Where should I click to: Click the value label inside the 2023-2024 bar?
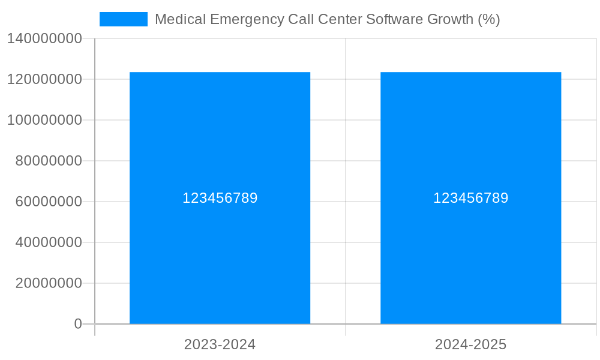[220, 198]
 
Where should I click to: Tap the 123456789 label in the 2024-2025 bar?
[470, 198]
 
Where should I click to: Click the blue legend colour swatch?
[123, 19]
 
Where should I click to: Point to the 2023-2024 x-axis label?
[220, 344]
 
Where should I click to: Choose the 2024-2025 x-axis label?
[470, 344]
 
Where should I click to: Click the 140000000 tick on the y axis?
[44, 38]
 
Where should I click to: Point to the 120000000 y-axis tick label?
[44, 79]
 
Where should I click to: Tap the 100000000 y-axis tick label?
[44, 120]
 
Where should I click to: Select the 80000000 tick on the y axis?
[49, 161]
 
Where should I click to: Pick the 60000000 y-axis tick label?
[49, 202]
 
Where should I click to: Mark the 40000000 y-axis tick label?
[49, 242]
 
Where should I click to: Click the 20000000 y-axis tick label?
[49, 283]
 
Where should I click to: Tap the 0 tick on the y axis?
[78, 324]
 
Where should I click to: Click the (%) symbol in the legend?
[489, 19]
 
